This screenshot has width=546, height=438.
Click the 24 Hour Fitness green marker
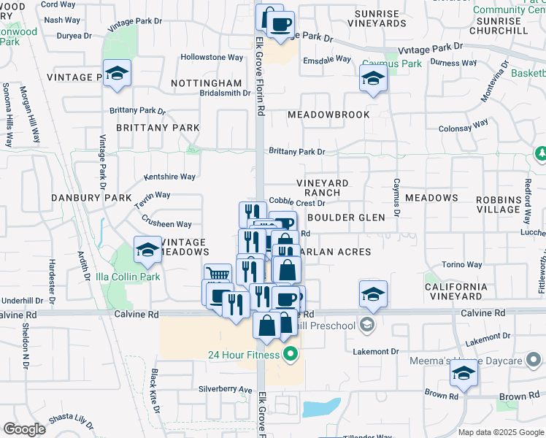[291, 356]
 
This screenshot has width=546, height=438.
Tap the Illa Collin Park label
[128, 277]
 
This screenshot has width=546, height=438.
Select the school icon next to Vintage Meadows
[147, 251]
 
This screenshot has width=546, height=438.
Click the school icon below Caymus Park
[373, 79]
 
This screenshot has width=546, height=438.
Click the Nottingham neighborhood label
[206, 84]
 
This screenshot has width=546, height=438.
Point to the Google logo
[25, 429]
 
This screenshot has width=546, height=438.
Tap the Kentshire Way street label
[169, 177]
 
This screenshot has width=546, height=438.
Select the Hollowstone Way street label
[212, 57]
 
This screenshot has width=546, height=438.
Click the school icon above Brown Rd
[464, 374]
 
